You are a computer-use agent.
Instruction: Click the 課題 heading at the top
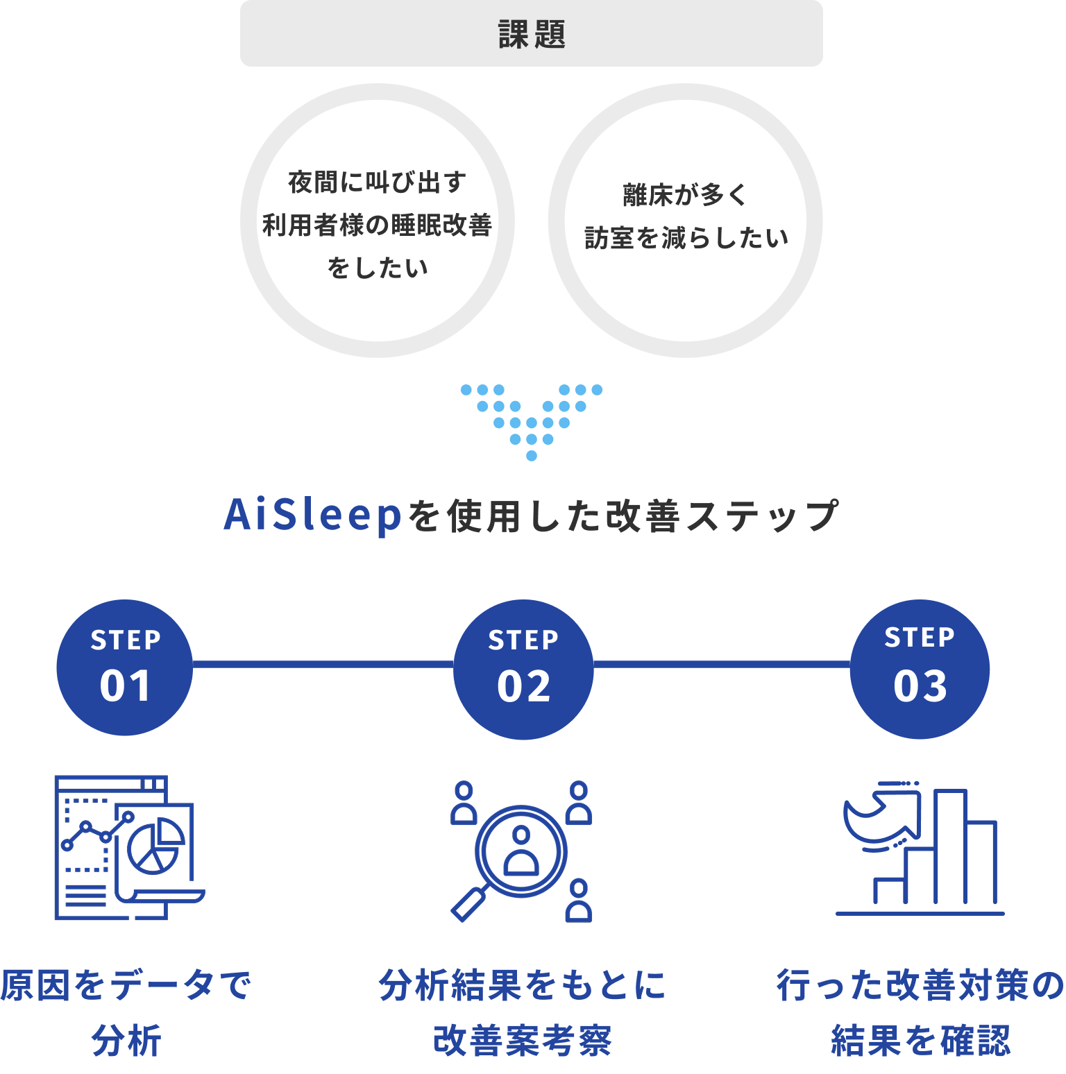532,34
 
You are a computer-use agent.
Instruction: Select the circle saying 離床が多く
686,221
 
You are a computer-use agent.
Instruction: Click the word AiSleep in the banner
313,516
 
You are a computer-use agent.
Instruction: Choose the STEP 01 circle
125,667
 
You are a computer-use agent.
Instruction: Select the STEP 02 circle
523,669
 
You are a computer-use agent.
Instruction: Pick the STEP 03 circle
920,668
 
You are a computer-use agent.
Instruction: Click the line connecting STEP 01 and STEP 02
323,665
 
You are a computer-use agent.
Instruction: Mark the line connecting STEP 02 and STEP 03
722,665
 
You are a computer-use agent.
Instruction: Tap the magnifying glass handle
468,905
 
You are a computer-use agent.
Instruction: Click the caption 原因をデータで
125,985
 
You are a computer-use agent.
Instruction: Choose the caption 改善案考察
523,1041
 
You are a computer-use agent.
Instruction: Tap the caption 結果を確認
920,1041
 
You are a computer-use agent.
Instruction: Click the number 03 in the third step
920,687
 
